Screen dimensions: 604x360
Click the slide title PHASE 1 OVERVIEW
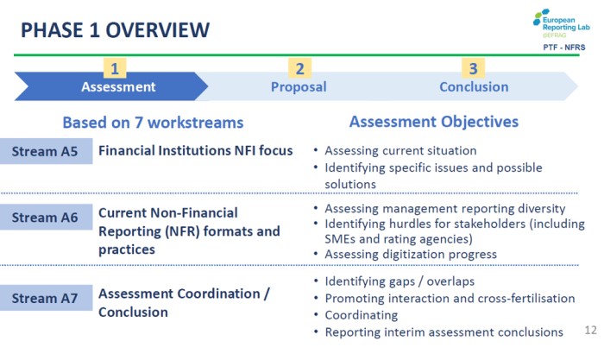[x=115, y=30]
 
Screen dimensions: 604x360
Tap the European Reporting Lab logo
[x=561, y=23]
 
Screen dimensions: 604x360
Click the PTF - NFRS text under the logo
[x=564, y=47]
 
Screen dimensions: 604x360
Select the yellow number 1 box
[x=115, y=68]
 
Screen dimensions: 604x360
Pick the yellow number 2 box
[x=299, y=68]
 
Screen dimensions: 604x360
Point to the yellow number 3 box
[x=473, y=68]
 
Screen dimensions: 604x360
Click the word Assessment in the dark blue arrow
[x=118, y=86]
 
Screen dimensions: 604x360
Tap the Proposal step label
[x=299, y=87]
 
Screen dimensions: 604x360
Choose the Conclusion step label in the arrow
[x=474, y=86]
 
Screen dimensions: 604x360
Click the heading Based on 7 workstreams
[x=153, y=123]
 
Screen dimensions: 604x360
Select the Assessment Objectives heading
[x=434, y=122]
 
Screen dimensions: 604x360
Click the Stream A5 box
[x=46, y=151]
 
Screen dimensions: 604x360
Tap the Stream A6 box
[x=46, y=217]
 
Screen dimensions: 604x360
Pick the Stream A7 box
[x=46, y=298]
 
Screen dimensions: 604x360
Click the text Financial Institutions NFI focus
[x=195, y=150]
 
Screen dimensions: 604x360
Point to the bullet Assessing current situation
[x=400, y=150]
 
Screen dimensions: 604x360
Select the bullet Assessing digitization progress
[x=411, y=255]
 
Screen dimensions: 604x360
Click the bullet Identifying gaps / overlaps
[x=400, y=281]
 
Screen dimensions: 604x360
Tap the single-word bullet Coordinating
[x=362, y=315]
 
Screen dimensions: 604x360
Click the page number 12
[x=590, y=330]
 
